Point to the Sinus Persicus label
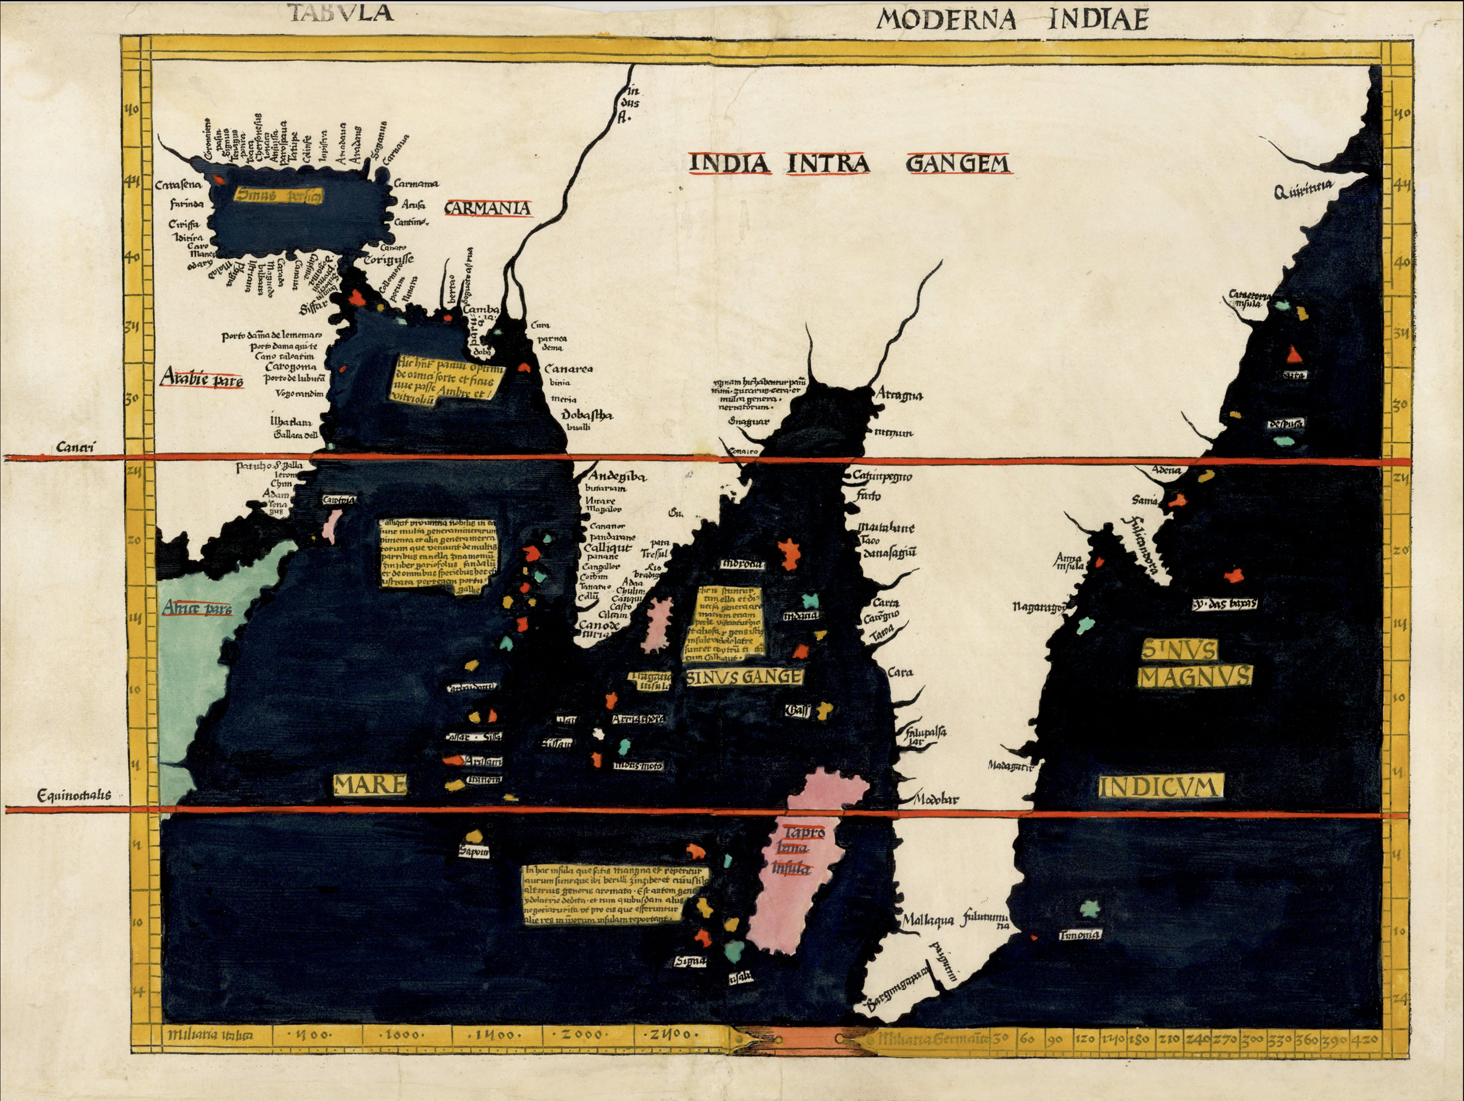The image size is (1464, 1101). coord(279,195)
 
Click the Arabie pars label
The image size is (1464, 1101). coord(203,380)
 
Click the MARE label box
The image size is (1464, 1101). coord(370,785)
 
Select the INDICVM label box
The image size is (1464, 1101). coord(1159,787)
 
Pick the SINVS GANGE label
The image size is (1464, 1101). coord(744,677)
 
